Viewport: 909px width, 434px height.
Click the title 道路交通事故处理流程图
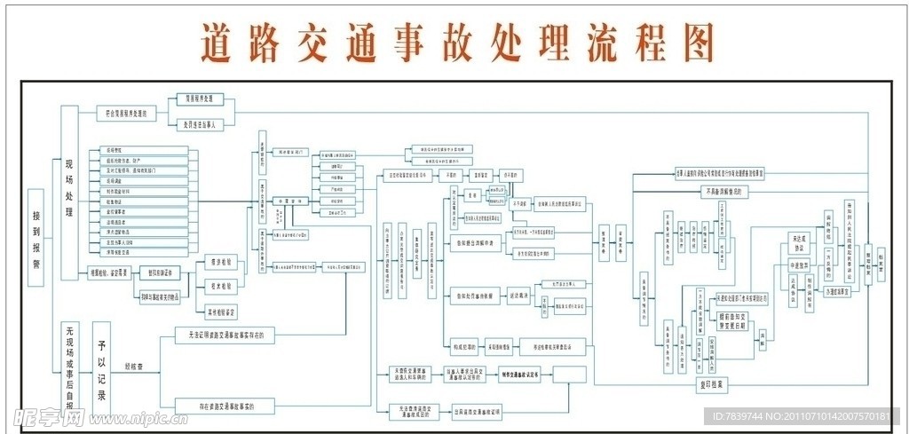point(457,40)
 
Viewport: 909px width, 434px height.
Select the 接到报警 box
point(36,236)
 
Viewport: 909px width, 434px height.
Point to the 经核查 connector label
point(136,365)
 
